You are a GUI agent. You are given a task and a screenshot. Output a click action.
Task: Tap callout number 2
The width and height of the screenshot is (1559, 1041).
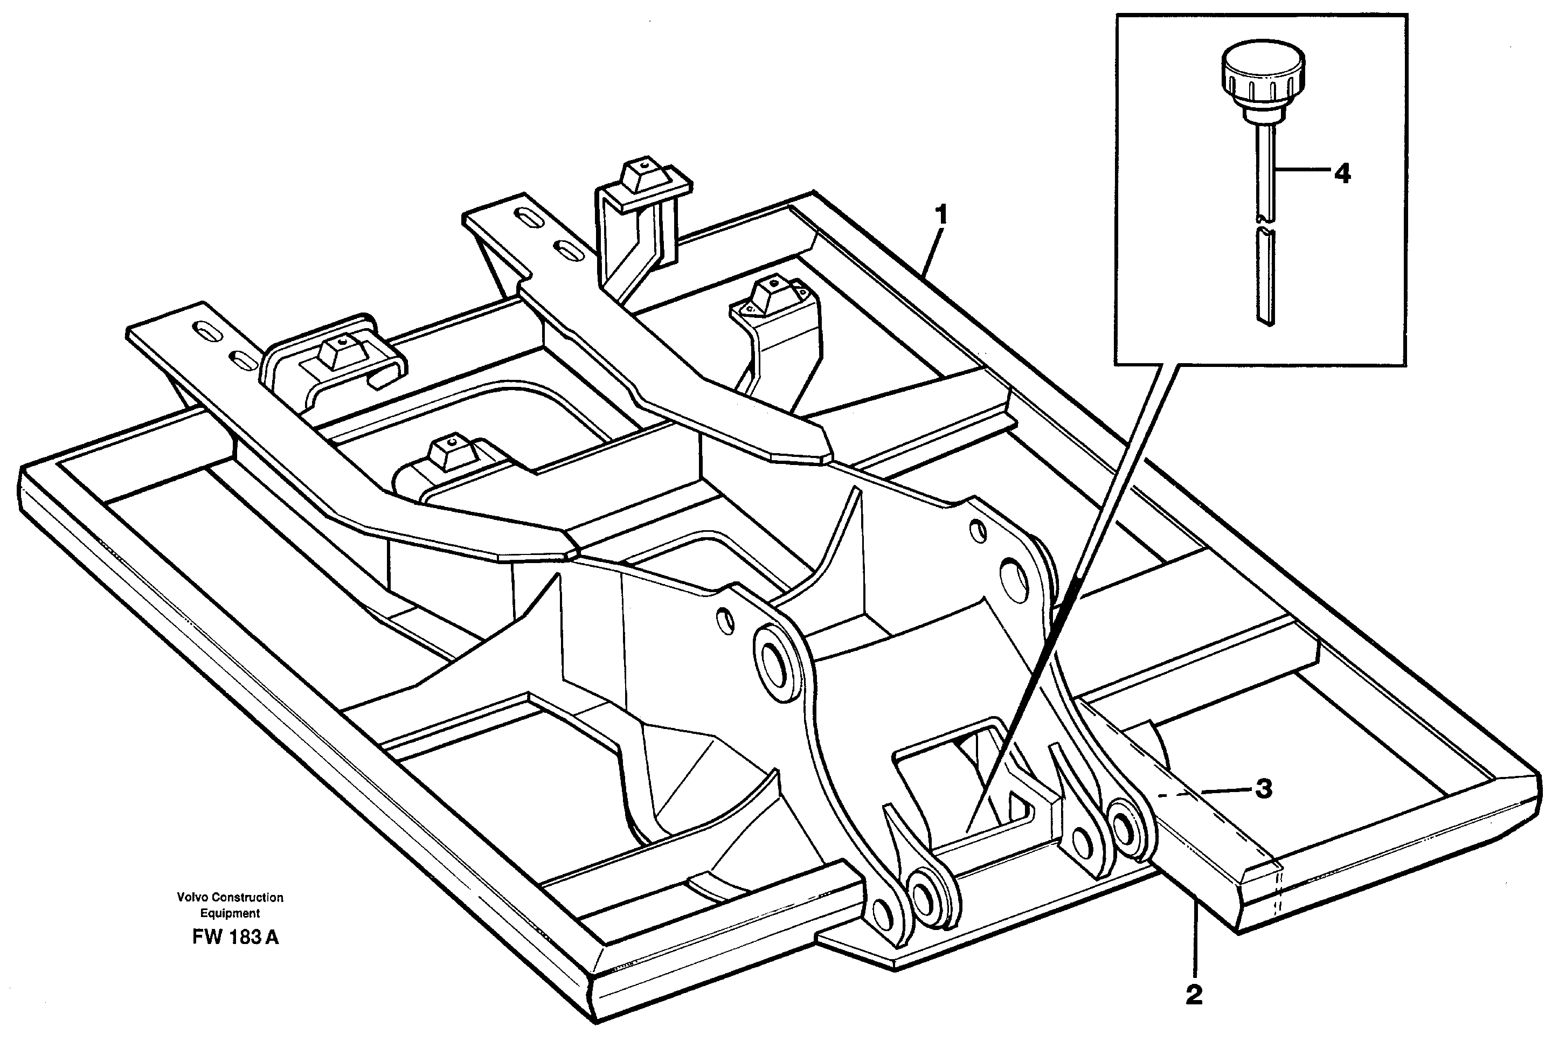click(x=1194, y=1013)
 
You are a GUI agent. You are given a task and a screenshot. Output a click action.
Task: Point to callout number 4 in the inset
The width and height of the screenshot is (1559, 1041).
click(x=1342, y=174)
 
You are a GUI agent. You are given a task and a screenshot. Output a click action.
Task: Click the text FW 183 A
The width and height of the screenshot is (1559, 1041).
click(x=235, y=938)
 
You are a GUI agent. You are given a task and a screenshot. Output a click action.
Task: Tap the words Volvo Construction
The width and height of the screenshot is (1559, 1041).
click(x=230, y=898)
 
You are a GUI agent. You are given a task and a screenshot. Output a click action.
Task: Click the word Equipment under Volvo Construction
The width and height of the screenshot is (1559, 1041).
click(x=230, y=913)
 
